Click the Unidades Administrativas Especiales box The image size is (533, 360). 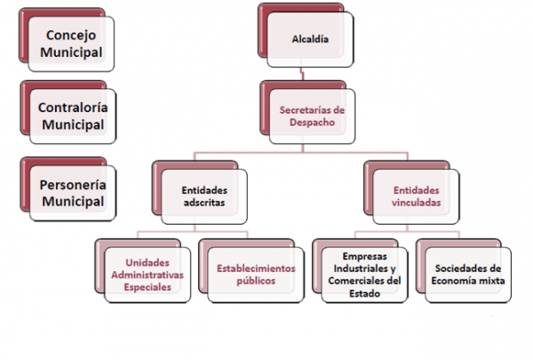click(x=147, y=275)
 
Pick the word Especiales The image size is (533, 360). click(x=147, y=287)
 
